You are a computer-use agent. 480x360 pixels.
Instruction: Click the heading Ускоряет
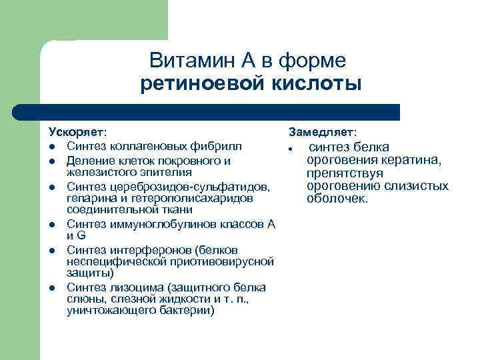click(x=77, y=133)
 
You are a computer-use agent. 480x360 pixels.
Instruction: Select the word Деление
click(x=89, y=161)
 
